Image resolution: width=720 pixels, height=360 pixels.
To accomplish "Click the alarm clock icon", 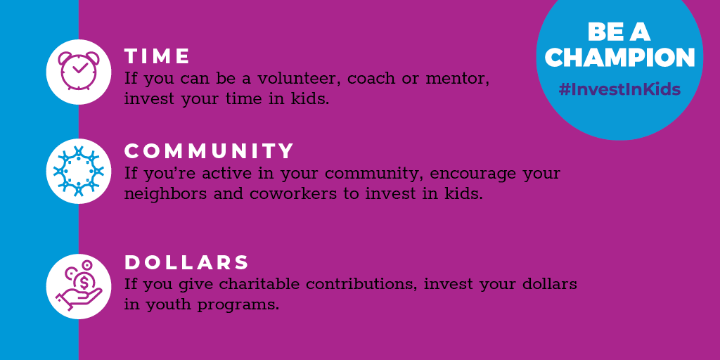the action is [79, 70].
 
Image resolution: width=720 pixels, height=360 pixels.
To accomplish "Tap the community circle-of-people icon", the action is [79, 171].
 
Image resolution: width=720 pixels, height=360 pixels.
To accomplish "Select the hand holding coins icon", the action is [79, 285].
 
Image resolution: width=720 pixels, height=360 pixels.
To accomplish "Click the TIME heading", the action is [157, 56].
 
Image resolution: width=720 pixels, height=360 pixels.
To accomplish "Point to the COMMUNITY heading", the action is [209, 151].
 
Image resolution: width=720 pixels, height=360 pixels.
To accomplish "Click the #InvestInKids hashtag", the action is [619, 89].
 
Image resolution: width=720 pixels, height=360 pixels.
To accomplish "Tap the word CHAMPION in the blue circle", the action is [620, 58].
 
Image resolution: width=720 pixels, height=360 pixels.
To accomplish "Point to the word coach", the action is [370, 79].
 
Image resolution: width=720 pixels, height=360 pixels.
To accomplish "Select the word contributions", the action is [362, 284].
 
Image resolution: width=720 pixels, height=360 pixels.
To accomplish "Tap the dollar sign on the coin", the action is [84, 280].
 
